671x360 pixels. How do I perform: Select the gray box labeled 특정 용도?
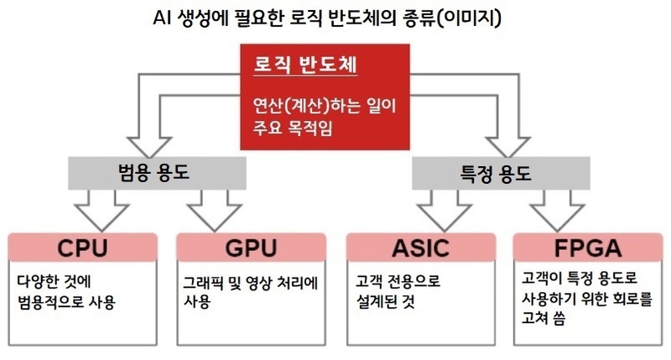pyautogui.click(x=495, y=175)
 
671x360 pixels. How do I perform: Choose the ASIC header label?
pyautogui.click(x=420, y=248)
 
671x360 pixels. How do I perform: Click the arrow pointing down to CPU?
pyautogui.click(x=102, y=210)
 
